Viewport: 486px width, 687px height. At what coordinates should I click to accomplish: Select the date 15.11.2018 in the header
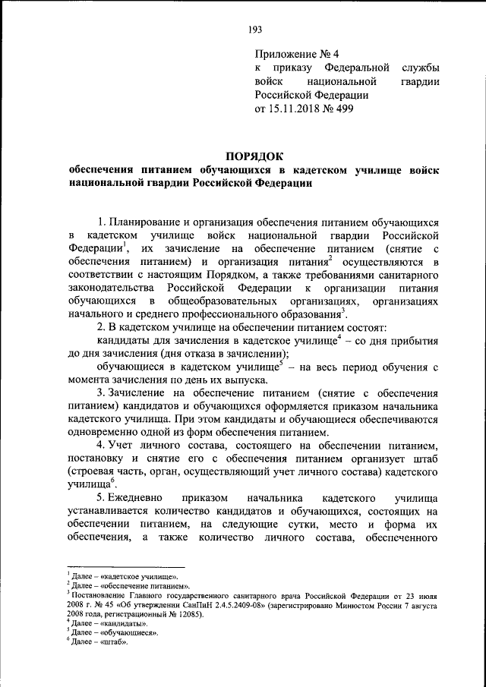click(x=297, y=109)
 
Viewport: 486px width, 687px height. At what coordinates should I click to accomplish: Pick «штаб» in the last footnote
click(x=112, y=642)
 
